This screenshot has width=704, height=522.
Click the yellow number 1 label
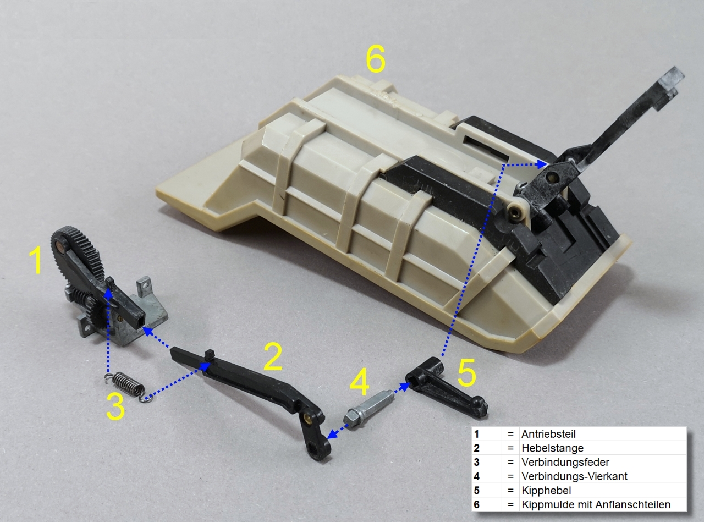tap(38, 261)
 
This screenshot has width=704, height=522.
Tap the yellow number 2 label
tap(273, 356)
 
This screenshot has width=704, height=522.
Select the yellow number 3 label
tap(115, 406)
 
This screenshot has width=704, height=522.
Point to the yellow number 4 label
tap(360, 382)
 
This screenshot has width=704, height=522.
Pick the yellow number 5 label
tap(466, 373)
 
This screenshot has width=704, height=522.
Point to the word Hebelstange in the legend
tap(552, 448)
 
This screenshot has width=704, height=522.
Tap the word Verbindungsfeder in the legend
tap(565, 462)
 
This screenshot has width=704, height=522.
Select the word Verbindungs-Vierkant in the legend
tap(575, 476)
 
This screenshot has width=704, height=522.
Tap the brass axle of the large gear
tap(60, 245)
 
